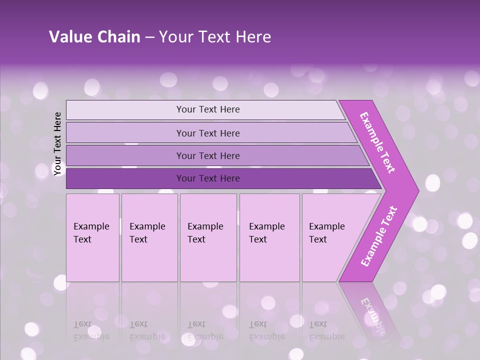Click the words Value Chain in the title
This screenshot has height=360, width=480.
(94, 37)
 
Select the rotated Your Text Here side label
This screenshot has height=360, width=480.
(58, 144)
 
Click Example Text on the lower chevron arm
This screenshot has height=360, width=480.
(379, 236)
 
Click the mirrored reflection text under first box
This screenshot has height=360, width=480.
(91, 330)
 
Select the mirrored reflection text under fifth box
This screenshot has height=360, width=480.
(326, 330)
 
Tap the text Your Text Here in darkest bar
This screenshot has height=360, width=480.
(208, 178)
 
